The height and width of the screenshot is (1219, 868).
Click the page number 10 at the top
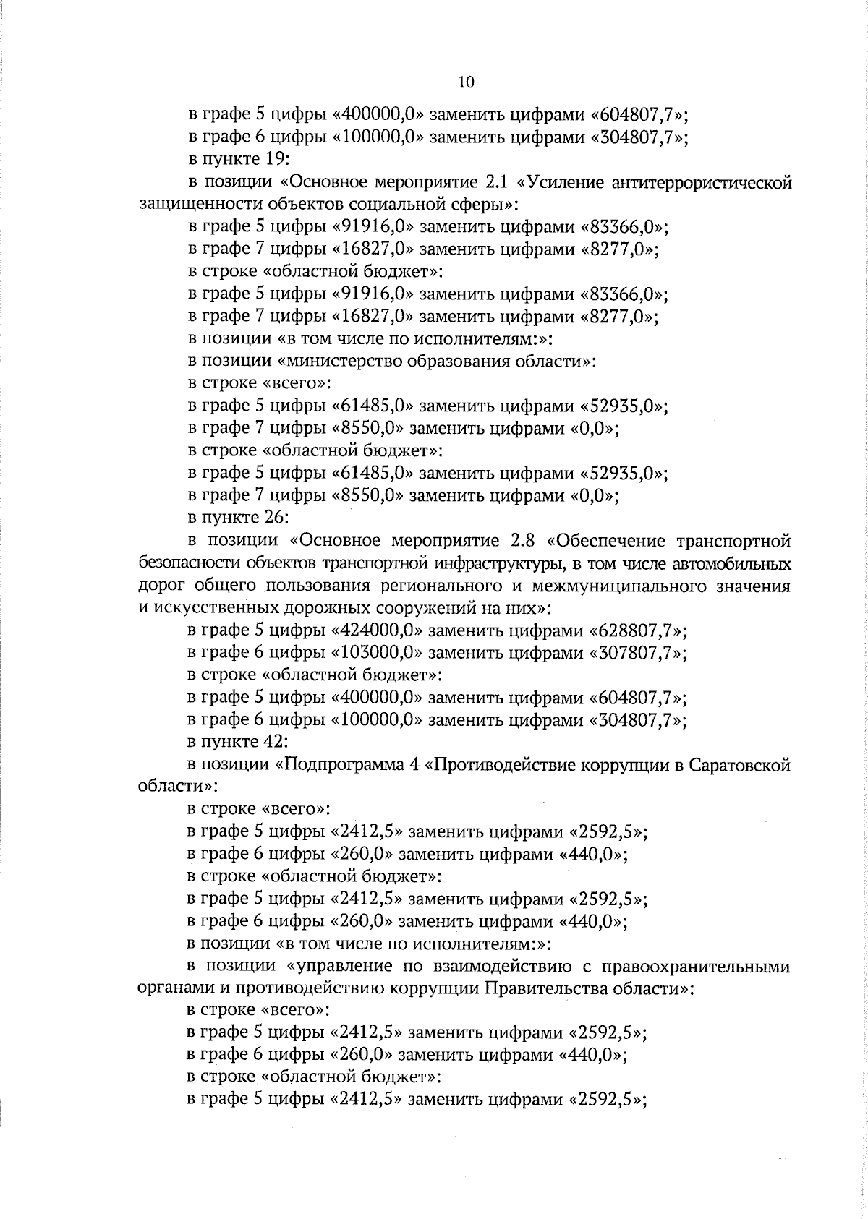pos(467,82)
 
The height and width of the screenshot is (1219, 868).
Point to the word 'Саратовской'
pos(741,765)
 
